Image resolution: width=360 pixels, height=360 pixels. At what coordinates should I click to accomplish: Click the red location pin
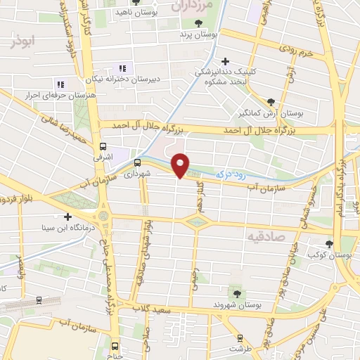point(181,165)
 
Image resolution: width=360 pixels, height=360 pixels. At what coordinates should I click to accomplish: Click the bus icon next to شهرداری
point(137,163)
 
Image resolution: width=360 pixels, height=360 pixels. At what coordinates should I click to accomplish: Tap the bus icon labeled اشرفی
point(103,148)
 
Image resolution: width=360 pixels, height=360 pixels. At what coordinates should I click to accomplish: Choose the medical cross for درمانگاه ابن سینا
point(67,217)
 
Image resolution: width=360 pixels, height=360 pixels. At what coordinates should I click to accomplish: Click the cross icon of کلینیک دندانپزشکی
point(225,61)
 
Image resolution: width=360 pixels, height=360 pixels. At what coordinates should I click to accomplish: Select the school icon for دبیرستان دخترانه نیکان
point(122,68)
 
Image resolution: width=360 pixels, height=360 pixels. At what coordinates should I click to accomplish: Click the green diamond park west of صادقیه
point(198,222)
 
